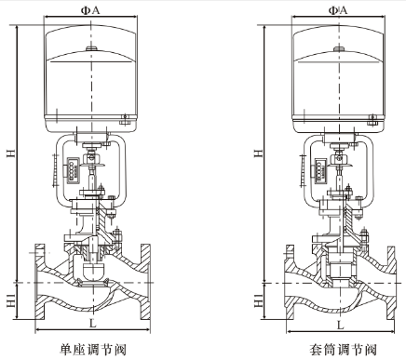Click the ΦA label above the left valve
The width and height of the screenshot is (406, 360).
pyautogui.click(x=90, y=10)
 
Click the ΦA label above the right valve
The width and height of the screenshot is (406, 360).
pyautogui.click(x=338, y=10)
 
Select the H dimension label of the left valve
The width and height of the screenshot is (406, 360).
pyautogui.click(x=11, y=153)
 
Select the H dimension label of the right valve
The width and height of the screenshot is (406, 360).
pyautogui.click(x=259, y=153)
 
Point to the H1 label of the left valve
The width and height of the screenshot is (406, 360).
pyautogui.click(x=11, y=300)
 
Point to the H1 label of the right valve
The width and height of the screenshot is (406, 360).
pyautogui.click(x=259, y=300)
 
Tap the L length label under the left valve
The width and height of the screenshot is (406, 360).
pyautogui.click(x=93, y=324)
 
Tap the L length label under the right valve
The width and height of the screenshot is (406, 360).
pyautogui.click(x=341, y=326)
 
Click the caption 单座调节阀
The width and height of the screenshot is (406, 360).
pyautogui.click(x=93, y=350)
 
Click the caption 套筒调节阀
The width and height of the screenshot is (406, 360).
pyautogui.click(x=343, y=350)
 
